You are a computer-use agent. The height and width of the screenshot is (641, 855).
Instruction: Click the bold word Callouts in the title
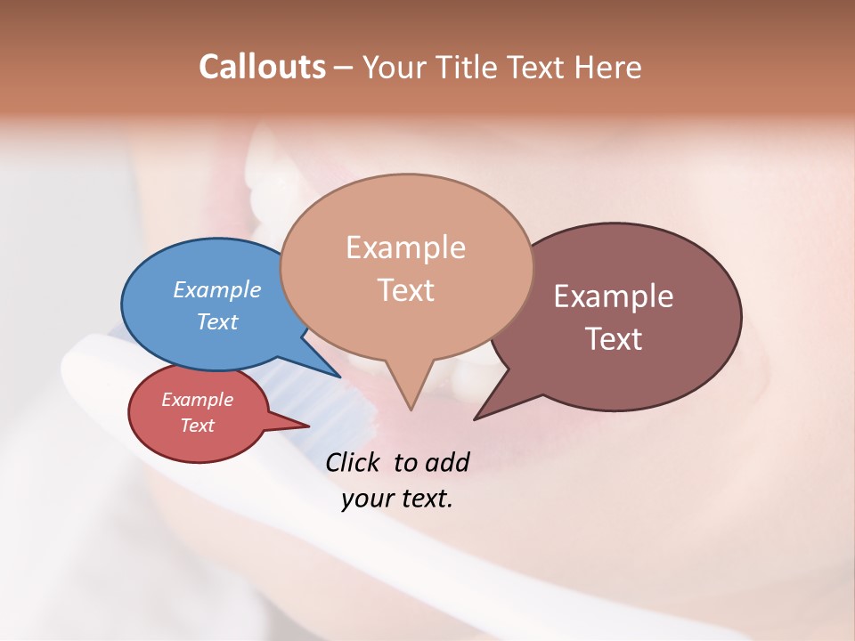click(x=262, y=67)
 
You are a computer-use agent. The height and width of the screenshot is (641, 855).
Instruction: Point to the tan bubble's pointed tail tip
click(x=411, y=410)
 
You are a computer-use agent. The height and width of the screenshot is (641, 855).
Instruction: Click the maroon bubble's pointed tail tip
click(x=475, y=418)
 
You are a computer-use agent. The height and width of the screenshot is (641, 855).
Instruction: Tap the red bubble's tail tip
click(x=309, y=426)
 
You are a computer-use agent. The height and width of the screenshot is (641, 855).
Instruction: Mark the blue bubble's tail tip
click(x=340, y=377)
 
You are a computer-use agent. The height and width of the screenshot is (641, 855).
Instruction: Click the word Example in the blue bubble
click(x=217, y=290)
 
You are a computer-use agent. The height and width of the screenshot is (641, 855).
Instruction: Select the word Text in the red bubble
click(x=198, y=426)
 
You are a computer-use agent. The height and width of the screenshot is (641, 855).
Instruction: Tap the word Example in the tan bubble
click(x=405, y=247)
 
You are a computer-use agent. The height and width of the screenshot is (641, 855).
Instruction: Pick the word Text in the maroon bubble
click(x=614, y=338)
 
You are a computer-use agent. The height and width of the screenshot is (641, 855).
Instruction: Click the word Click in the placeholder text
click(x=352, y=462)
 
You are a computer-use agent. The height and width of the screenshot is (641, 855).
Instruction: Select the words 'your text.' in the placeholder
click(x=397, y=499)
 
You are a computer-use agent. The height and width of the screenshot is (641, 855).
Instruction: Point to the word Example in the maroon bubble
click(x=614, y=296)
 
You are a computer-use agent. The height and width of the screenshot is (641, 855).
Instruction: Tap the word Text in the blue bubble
click(x=217, y=322)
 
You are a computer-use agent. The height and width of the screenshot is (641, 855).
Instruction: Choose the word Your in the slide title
click(x=395, y=67)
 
